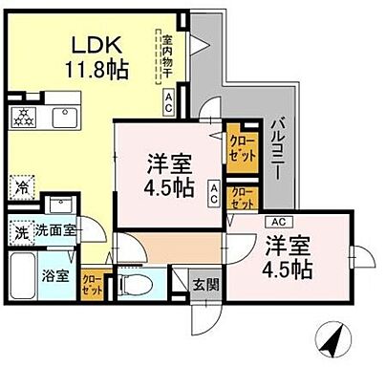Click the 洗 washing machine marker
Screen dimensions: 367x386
point(20,231)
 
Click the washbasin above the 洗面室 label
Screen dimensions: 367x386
point(59,206)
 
